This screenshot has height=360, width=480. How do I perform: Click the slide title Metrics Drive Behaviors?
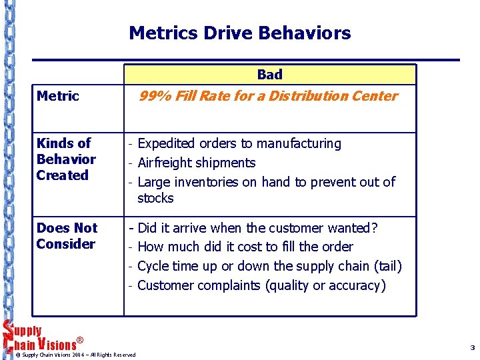tap(239, 33)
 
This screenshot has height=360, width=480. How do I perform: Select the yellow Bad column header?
tap(269, 75)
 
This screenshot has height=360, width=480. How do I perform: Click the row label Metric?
tap(58, 96)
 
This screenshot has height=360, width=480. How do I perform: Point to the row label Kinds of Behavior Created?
tap(66, 159)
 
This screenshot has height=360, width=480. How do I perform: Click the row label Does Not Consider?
tap(67, 236)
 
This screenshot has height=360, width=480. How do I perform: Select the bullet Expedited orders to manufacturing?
tap(239, 143)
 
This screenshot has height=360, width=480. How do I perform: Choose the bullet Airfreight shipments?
tap(196, 163)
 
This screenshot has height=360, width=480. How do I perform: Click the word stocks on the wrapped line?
tap(155, 198)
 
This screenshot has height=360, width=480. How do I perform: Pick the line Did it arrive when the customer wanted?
tap(257, 228)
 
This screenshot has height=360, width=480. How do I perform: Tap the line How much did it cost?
tap(245, 247)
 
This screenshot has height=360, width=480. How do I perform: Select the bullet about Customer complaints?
tap(261, 285)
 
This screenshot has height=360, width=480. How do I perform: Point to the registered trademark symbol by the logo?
tap(80, 340)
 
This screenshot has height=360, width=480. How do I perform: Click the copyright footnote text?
tap(79, 355)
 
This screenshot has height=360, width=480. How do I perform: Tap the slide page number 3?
tap(472, 347)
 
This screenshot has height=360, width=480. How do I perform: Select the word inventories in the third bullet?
tap(209, 182)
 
